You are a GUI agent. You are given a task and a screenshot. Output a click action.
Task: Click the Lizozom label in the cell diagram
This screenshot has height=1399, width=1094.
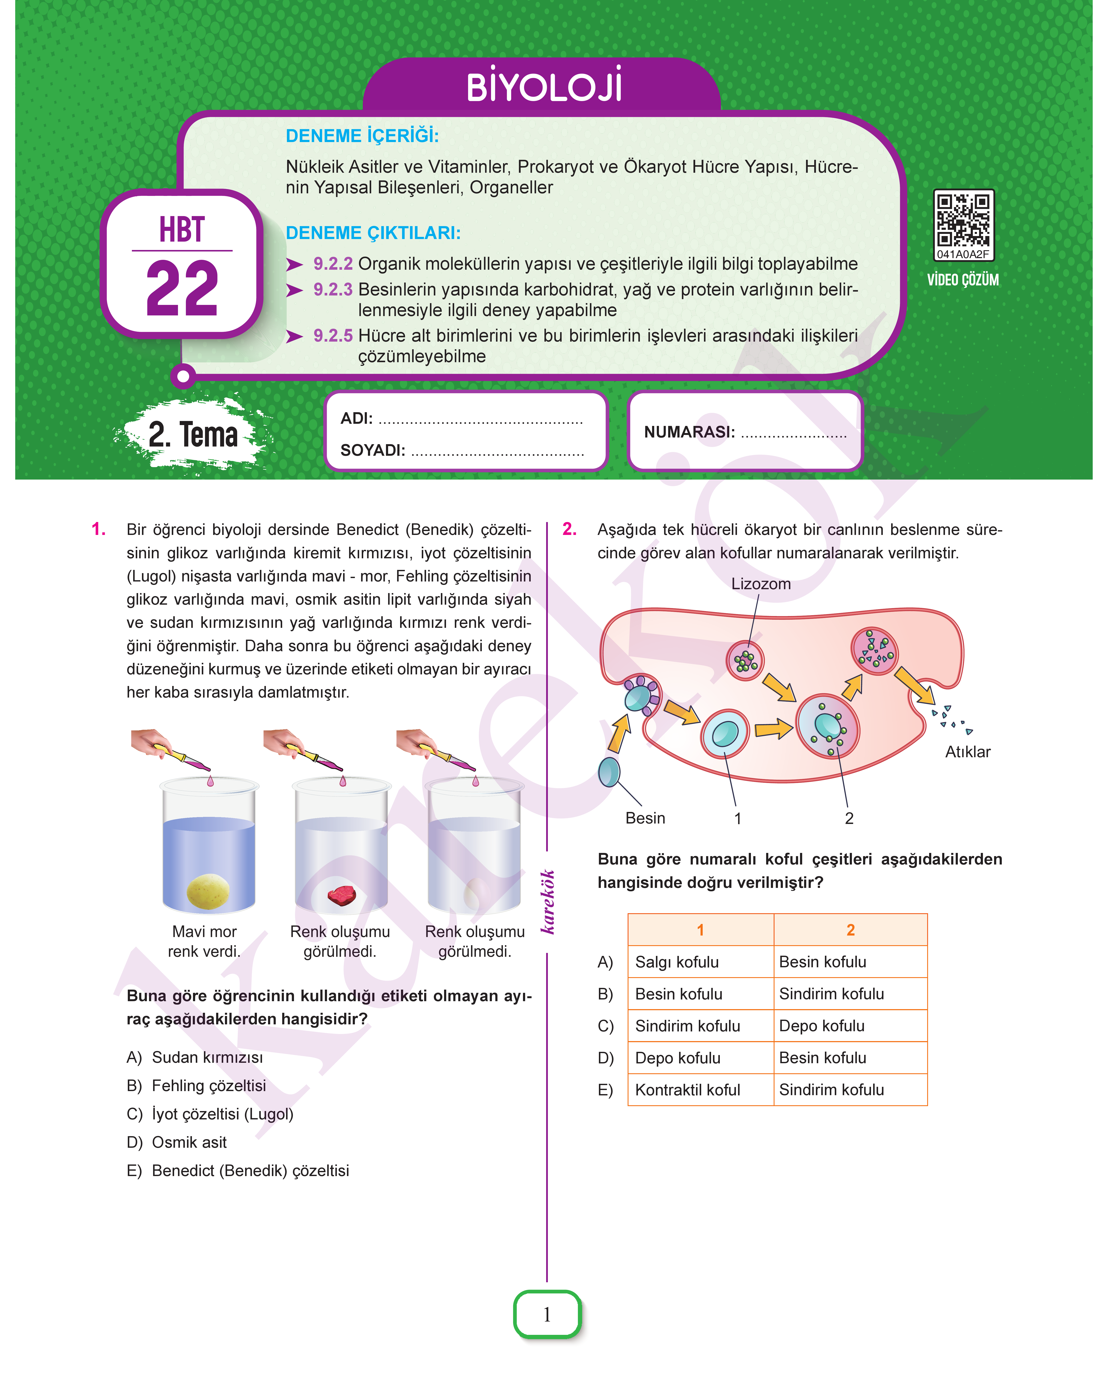click(x=760, y=584)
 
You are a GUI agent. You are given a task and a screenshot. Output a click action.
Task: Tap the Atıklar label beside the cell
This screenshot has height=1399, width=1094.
click(x=967, y=752)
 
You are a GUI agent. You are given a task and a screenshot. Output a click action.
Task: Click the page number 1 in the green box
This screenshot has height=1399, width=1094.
click(x=547, y=1314)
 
